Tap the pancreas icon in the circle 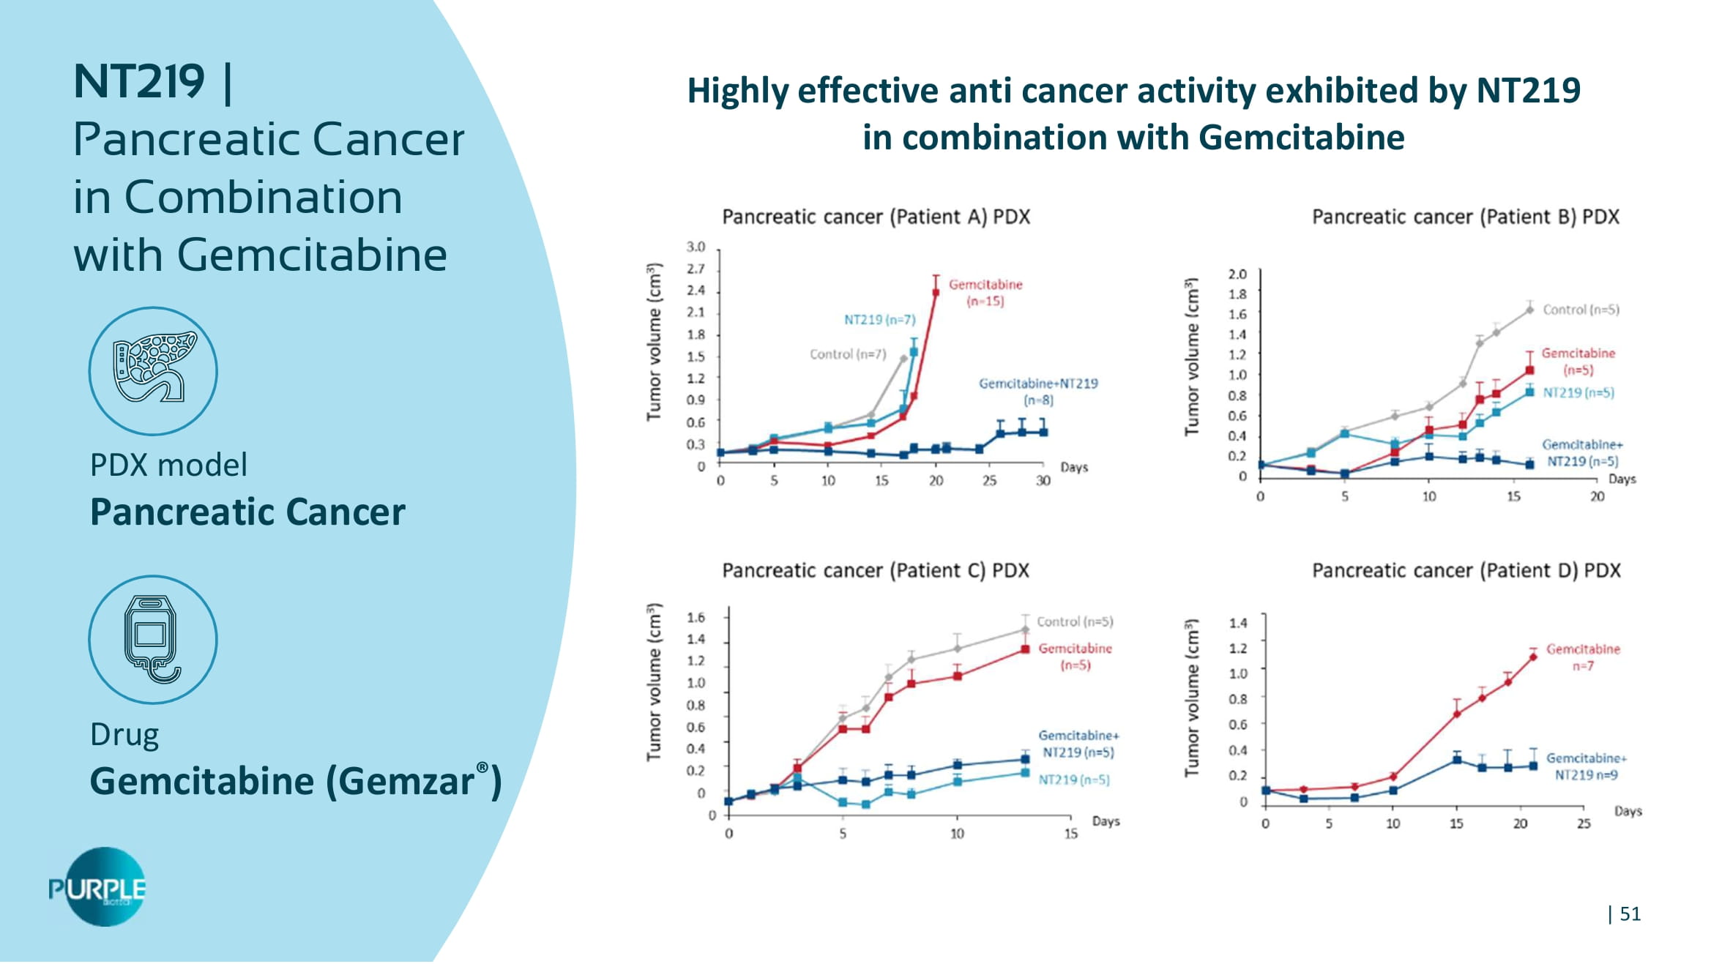coord(153,370)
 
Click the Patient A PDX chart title coord(876,217)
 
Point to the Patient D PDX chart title coord(1466,570)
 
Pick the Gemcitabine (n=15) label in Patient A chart coord(985,293)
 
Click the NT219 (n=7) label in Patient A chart coord(879,320)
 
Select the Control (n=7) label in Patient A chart coord(847,354)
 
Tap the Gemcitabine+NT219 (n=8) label coord(1038,392)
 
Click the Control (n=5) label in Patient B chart coord(1581,310)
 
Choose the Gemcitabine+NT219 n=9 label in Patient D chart coord(1586,766)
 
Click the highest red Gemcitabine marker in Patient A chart coord(936,293)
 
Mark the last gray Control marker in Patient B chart coord(1529,310)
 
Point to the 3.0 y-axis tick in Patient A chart coord(696,247)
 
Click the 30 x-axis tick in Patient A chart coord(1043,481)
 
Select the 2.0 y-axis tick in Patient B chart coord(1237,274)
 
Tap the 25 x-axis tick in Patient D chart coord(1584,823)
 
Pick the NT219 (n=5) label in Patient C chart coord(1074,780)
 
